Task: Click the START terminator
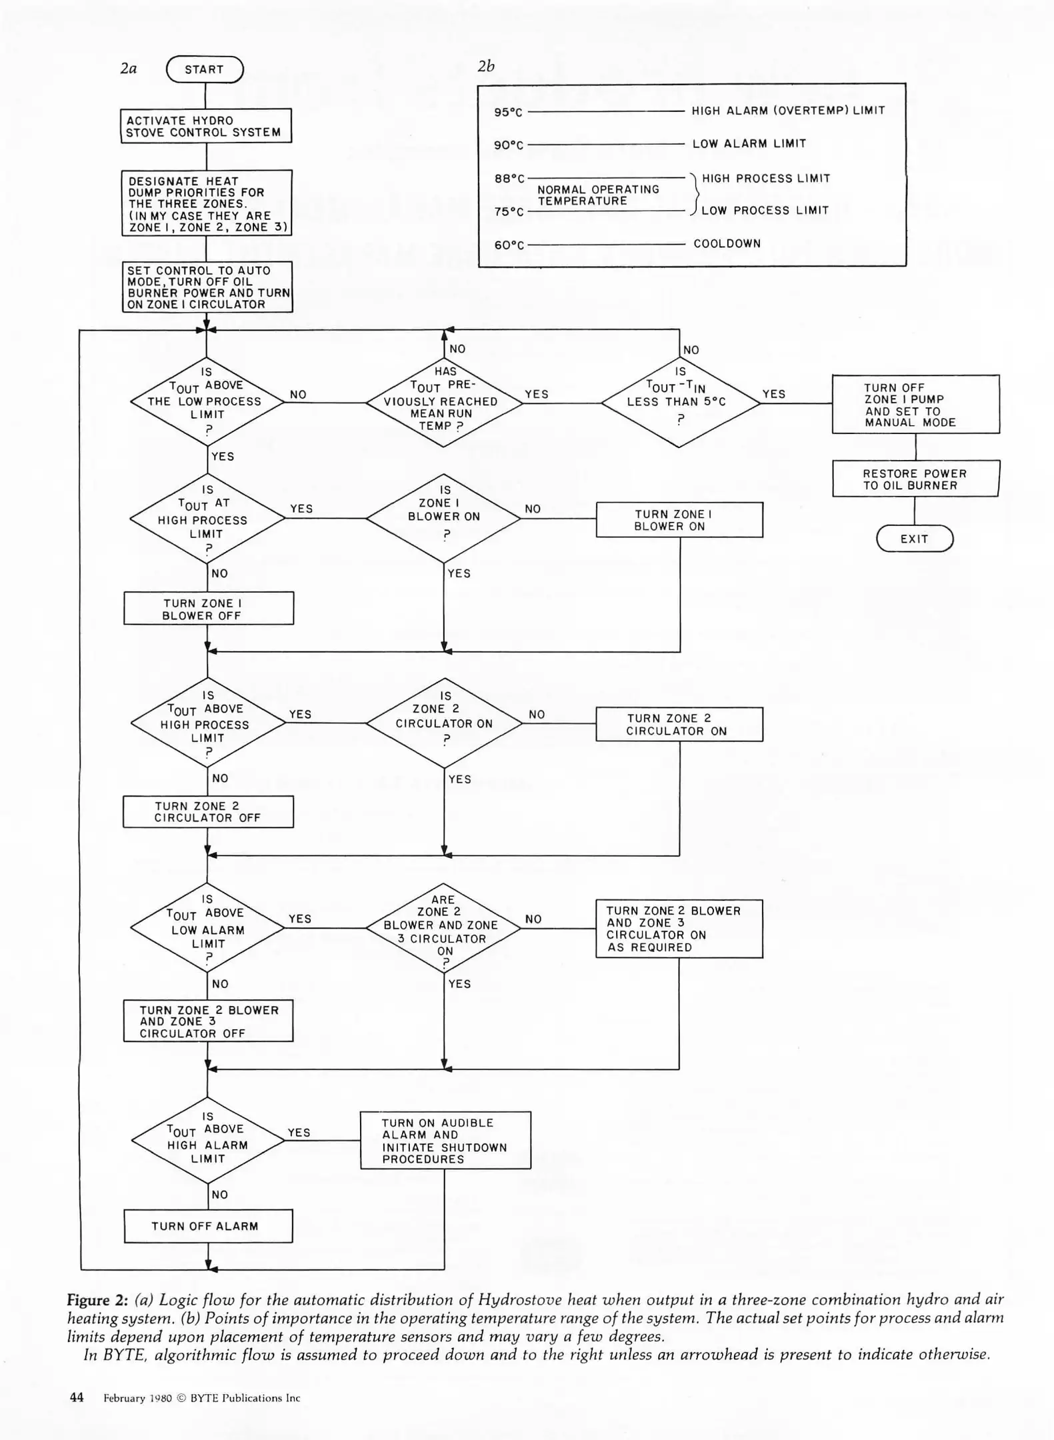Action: [205, 69]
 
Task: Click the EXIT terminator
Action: [914, 539]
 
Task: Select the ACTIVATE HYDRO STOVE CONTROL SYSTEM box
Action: [206, 126]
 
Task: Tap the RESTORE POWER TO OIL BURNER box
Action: [915, 479]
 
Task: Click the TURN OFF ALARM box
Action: [208, 1225]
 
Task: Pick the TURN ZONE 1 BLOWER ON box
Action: [679, 520]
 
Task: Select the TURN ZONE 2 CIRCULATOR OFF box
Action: [208, 812]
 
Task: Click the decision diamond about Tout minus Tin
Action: [680, 403]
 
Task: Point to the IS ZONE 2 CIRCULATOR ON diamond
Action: [444, 723]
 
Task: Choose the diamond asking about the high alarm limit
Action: [208, 1140]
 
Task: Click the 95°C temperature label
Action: [508, 112]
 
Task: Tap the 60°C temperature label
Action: [509, 245]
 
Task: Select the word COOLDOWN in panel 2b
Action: [727, 243]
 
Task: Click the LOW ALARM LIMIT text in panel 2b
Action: [749, 144]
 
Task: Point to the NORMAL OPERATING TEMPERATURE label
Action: [598, 195]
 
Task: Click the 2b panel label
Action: [486, 67]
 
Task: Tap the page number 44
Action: [77, 1397]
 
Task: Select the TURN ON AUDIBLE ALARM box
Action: [445, 1141]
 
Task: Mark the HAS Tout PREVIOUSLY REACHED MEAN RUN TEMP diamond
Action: [444, 403]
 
